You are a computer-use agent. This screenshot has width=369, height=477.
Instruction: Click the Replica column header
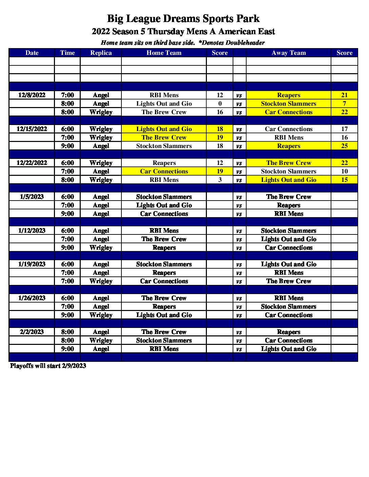(x=101, y=53)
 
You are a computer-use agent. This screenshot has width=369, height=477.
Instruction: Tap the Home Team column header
(x=164, y=53)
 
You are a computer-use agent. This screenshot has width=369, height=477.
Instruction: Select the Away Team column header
(x=289, y=53)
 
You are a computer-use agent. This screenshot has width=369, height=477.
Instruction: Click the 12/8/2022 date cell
(x=32, y=95)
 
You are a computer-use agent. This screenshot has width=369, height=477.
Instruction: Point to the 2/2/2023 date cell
(x=32, y=332)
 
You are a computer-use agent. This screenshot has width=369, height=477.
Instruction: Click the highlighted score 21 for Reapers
(x=344, y=95)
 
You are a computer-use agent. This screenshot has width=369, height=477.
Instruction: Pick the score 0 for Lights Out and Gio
(x=220, y=104)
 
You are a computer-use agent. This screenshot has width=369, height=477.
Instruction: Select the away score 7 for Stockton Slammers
(x=344, y=104)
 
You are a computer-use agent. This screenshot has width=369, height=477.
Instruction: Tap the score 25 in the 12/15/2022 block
(x=344, y=146)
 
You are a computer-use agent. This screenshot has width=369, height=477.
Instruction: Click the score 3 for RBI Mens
(x=220, y=180)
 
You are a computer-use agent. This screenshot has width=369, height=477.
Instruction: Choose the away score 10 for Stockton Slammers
(x=344, y=171)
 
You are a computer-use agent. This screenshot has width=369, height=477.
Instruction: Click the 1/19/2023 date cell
(x=32, y=264)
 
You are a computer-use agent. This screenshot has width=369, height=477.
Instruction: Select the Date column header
(x=32, y=53)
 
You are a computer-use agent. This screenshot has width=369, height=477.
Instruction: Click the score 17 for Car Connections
(x=344, y=129)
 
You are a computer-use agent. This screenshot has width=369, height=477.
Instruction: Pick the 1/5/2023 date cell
(x=32, y=197)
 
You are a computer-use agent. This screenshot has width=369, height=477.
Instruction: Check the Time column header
(x=67, y=53)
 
